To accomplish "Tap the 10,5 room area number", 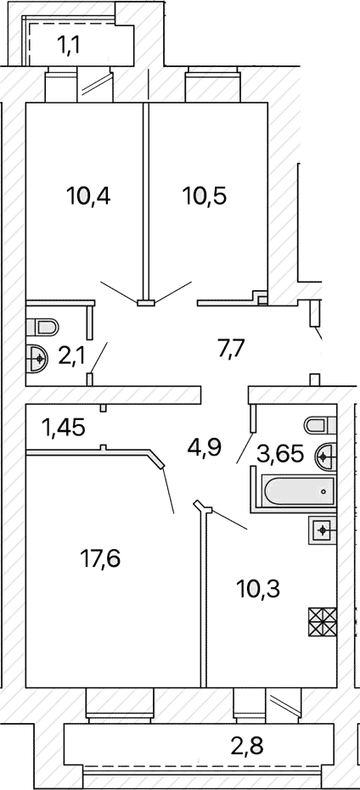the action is coord(205,196).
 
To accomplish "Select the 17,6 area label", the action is coord(100,557).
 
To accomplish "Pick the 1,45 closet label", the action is coord(63,429).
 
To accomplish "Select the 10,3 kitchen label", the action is coord(258,588).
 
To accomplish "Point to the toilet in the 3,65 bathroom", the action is coord(320,425).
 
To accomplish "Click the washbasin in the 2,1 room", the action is coord(37,359).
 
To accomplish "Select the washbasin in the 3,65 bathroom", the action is coord(325,457).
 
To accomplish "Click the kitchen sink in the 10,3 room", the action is coord(322,529).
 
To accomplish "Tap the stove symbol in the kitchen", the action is coord(322,622).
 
